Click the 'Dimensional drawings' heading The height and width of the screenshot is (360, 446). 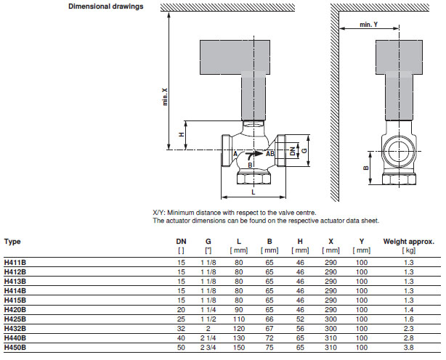105,7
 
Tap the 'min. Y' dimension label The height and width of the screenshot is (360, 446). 369,25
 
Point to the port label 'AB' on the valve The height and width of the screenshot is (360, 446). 269,154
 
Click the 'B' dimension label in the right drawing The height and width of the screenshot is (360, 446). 367,168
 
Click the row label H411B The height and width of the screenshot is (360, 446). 15,261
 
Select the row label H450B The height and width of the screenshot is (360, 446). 15,348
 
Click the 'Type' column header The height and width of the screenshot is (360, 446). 12,241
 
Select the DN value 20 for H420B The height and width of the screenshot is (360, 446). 181,308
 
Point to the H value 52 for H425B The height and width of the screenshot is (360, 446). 300,319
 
